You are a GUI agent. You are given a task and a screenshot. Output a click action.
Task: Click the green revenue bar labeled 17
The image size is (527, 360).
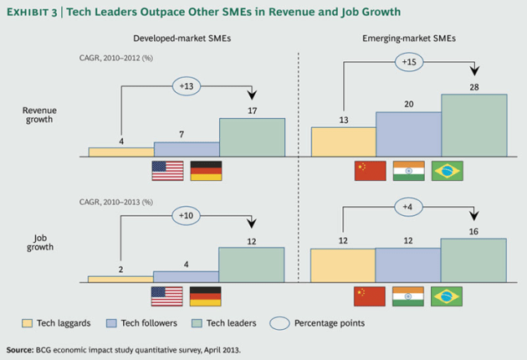tap(252, 136)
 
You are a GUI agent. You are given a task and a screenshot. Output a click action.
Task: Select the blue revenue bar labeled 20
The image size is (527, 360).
tap(408, 134)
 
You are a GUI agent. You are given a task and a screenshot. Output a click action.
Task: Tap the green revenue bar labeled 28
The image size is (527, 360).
tap(474, 125)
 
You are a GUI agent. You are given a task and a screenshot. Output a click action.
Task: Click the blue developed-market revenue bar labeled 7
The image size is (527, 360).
tap(186, 149)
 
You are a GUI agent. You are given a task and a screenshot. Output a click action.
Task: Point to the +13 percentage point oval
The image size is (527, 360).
tap(187, 85)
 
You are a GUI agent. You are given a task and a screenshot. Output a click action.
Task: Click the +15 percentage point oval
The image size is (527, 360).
tap(409, 62)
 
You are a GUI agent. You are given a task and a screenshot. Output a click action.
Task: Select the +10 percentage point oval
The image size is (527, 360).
tap(187, 216)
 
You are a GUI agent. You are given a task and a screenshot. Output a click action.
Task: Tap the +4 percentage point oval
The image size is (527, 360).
tap(409, 206)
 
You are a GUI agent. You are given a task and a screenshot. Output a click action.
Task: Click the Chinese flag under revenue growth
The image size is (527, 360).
tap(371, 171)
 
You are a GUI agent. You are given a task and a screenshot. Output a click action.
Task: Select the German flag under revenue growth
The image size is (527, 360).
tap(206, 171)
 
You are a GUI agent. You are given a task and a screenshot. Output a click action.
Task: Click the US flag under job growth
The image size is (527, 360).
tap(166, 296)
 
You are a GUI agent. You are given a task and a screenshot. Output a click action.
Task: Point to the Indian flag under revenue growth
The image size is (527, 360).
tap(408, 171)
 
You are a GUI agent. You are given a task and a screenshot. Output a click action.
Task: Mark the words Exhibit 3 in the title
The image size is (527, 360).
tap(37, 12)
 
